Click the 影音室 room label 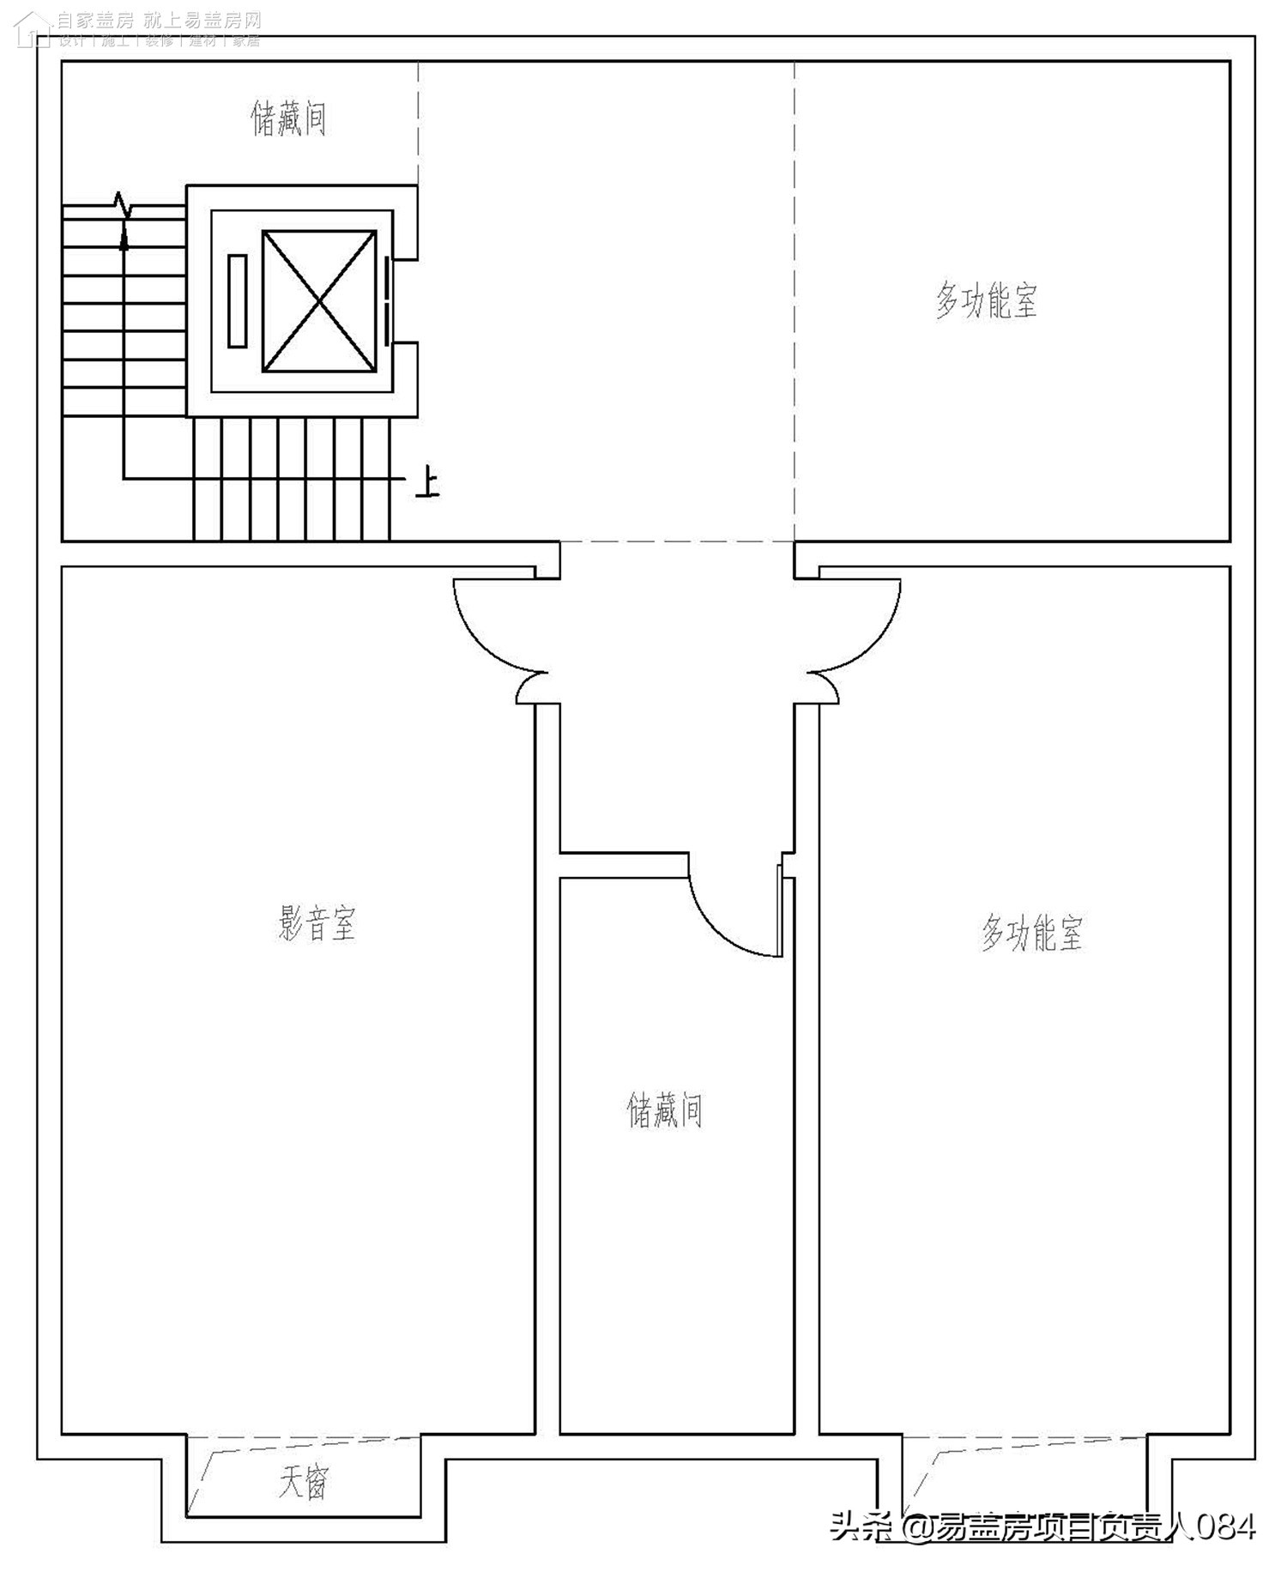click(x=317, y=923)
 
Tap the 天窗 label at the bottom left click(x=303, y=1482)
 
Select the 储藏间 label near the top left click(x=289, y=118)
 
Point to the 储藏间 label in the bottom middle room click(x=665, y=1109)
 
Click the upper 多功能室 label click(x=986, y=300)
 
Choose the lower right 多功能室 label click(x=1032, y=933)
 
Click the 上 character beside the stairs click(x=426, y=483)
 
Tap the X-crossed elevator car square click(x=319, y=301)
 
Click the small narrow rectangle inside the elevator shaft click(x=238, y=301)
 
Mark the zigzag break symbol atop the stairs click(x=123, y=204)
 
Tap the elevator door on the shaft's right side click(x=388, y=301)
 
